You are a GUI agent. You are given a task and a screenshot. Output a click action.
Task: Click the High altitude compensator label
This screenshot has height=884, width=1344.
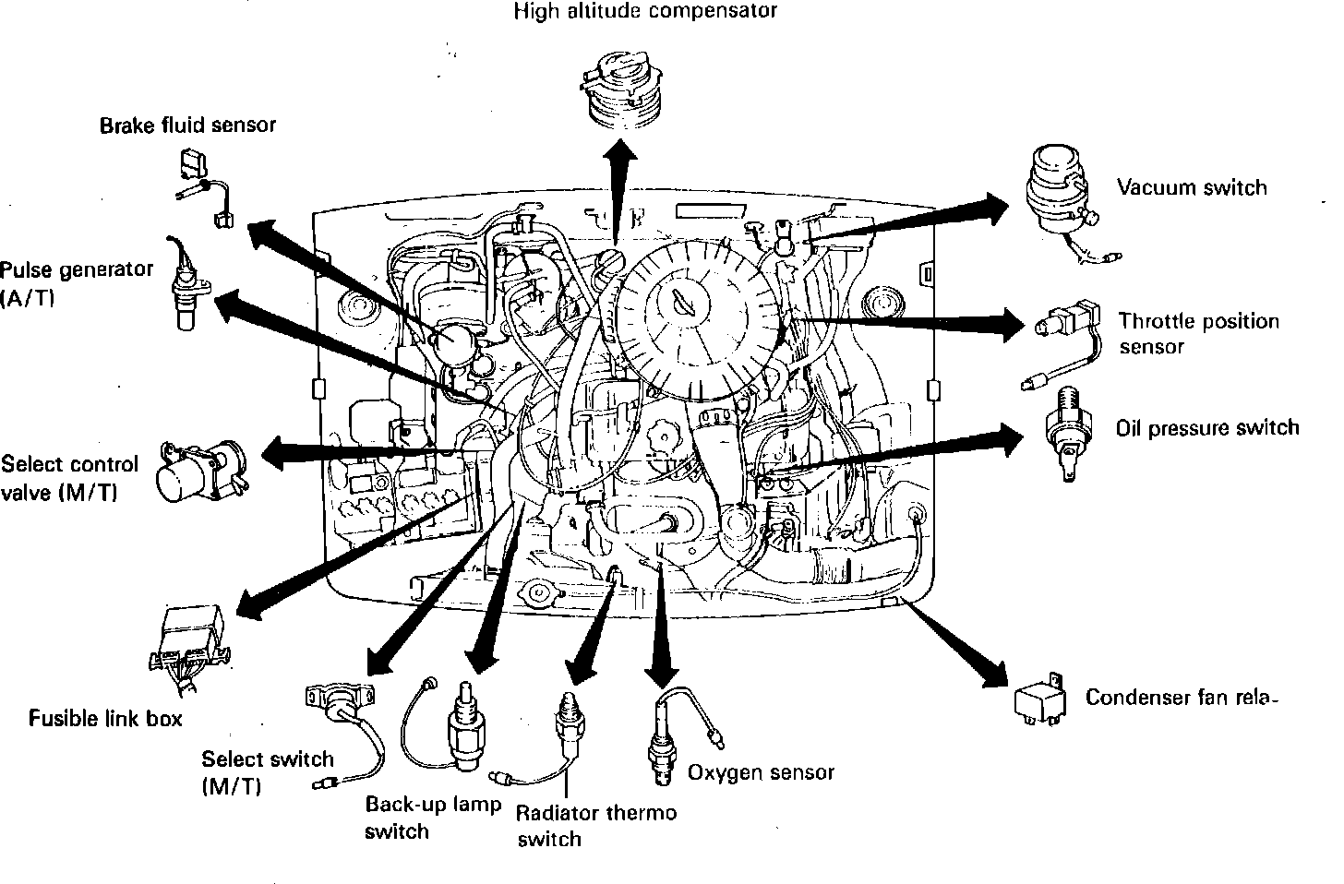point(645,12)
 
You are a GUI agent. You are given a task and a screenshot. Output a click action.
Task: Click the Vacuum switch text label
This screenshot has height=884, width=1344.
point(1192,188)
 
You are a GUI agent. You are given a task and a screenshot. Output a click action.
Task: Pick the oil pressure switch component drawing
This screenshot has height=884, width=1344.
point(1068,428)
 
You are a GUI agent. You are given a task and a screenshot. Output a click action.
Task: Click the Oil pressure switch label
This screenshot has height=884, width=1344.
point(1206,428)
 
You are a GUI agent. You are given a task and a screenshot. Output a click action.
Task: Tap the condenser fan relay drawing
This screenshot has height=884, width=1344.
point(1038,699)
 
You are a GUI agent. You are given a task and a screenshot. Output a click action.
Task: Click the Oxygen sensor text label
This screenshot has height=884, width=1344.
point(761,772)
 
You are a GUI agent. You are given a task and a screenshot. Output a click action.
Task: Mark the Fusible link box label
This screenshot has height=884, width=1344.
point(105,718)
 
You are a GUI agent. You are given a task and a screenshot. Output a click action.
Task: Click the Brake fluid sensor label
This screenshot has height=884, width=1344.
point(187,125)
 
